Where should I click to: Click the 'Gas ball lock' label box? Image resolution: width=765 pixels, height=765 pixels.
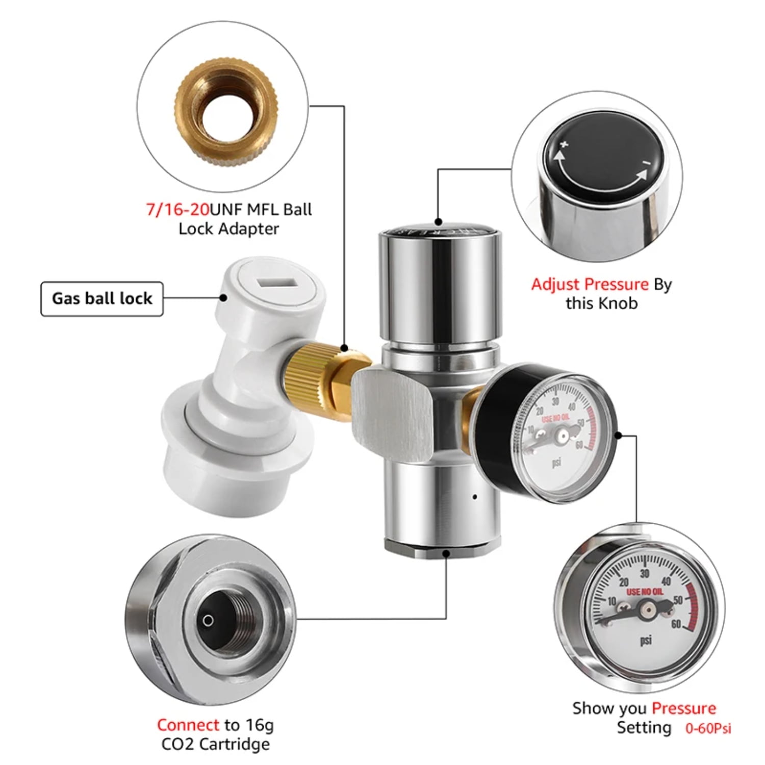pyautogui.click(x=102, y=298)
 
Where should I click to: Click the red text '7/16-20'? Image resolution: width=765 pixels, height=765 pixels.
pyautogui.click(x=177, y=210)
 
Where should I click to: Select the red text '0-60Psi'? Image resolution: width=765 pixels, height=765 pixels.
pyautogui.click(x=708, y=728)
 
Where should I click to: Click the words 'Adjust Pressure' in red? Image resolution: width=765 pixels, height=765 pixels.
pyautogui.click(x=590, y=284)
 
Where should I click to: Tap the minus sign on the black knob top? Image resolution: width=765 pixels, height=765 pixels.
pyautogui.click(x=646, y=163)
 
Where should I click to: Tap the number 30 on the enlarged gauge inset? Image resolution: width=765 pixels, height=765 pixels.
pyautogui.click(x=645, y=574)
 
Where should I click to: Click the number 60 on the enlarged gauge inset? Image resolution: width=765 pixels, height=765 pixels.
pyautogui.click(x=676, y=624)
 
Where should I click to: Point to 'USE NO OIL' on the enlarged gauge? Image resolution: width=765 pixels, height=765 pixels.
pyautogui.click(x=645, y=592)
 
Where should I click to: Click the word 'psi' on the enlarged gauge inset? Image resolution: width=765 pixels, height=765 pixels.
pyautogui.click(x=646, y=640)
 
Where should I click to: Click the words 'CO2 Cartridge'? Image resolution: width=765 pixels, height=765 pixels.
pyautogui.click(x=215, y=744)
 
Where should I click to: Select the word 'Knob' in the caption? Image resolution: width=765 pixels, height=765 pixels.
pyautogui.click(x=619, y=303)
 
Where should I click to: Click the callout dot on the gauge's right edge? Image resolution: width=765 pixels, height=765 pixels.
pyautogui.click(x=618, y=435)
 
